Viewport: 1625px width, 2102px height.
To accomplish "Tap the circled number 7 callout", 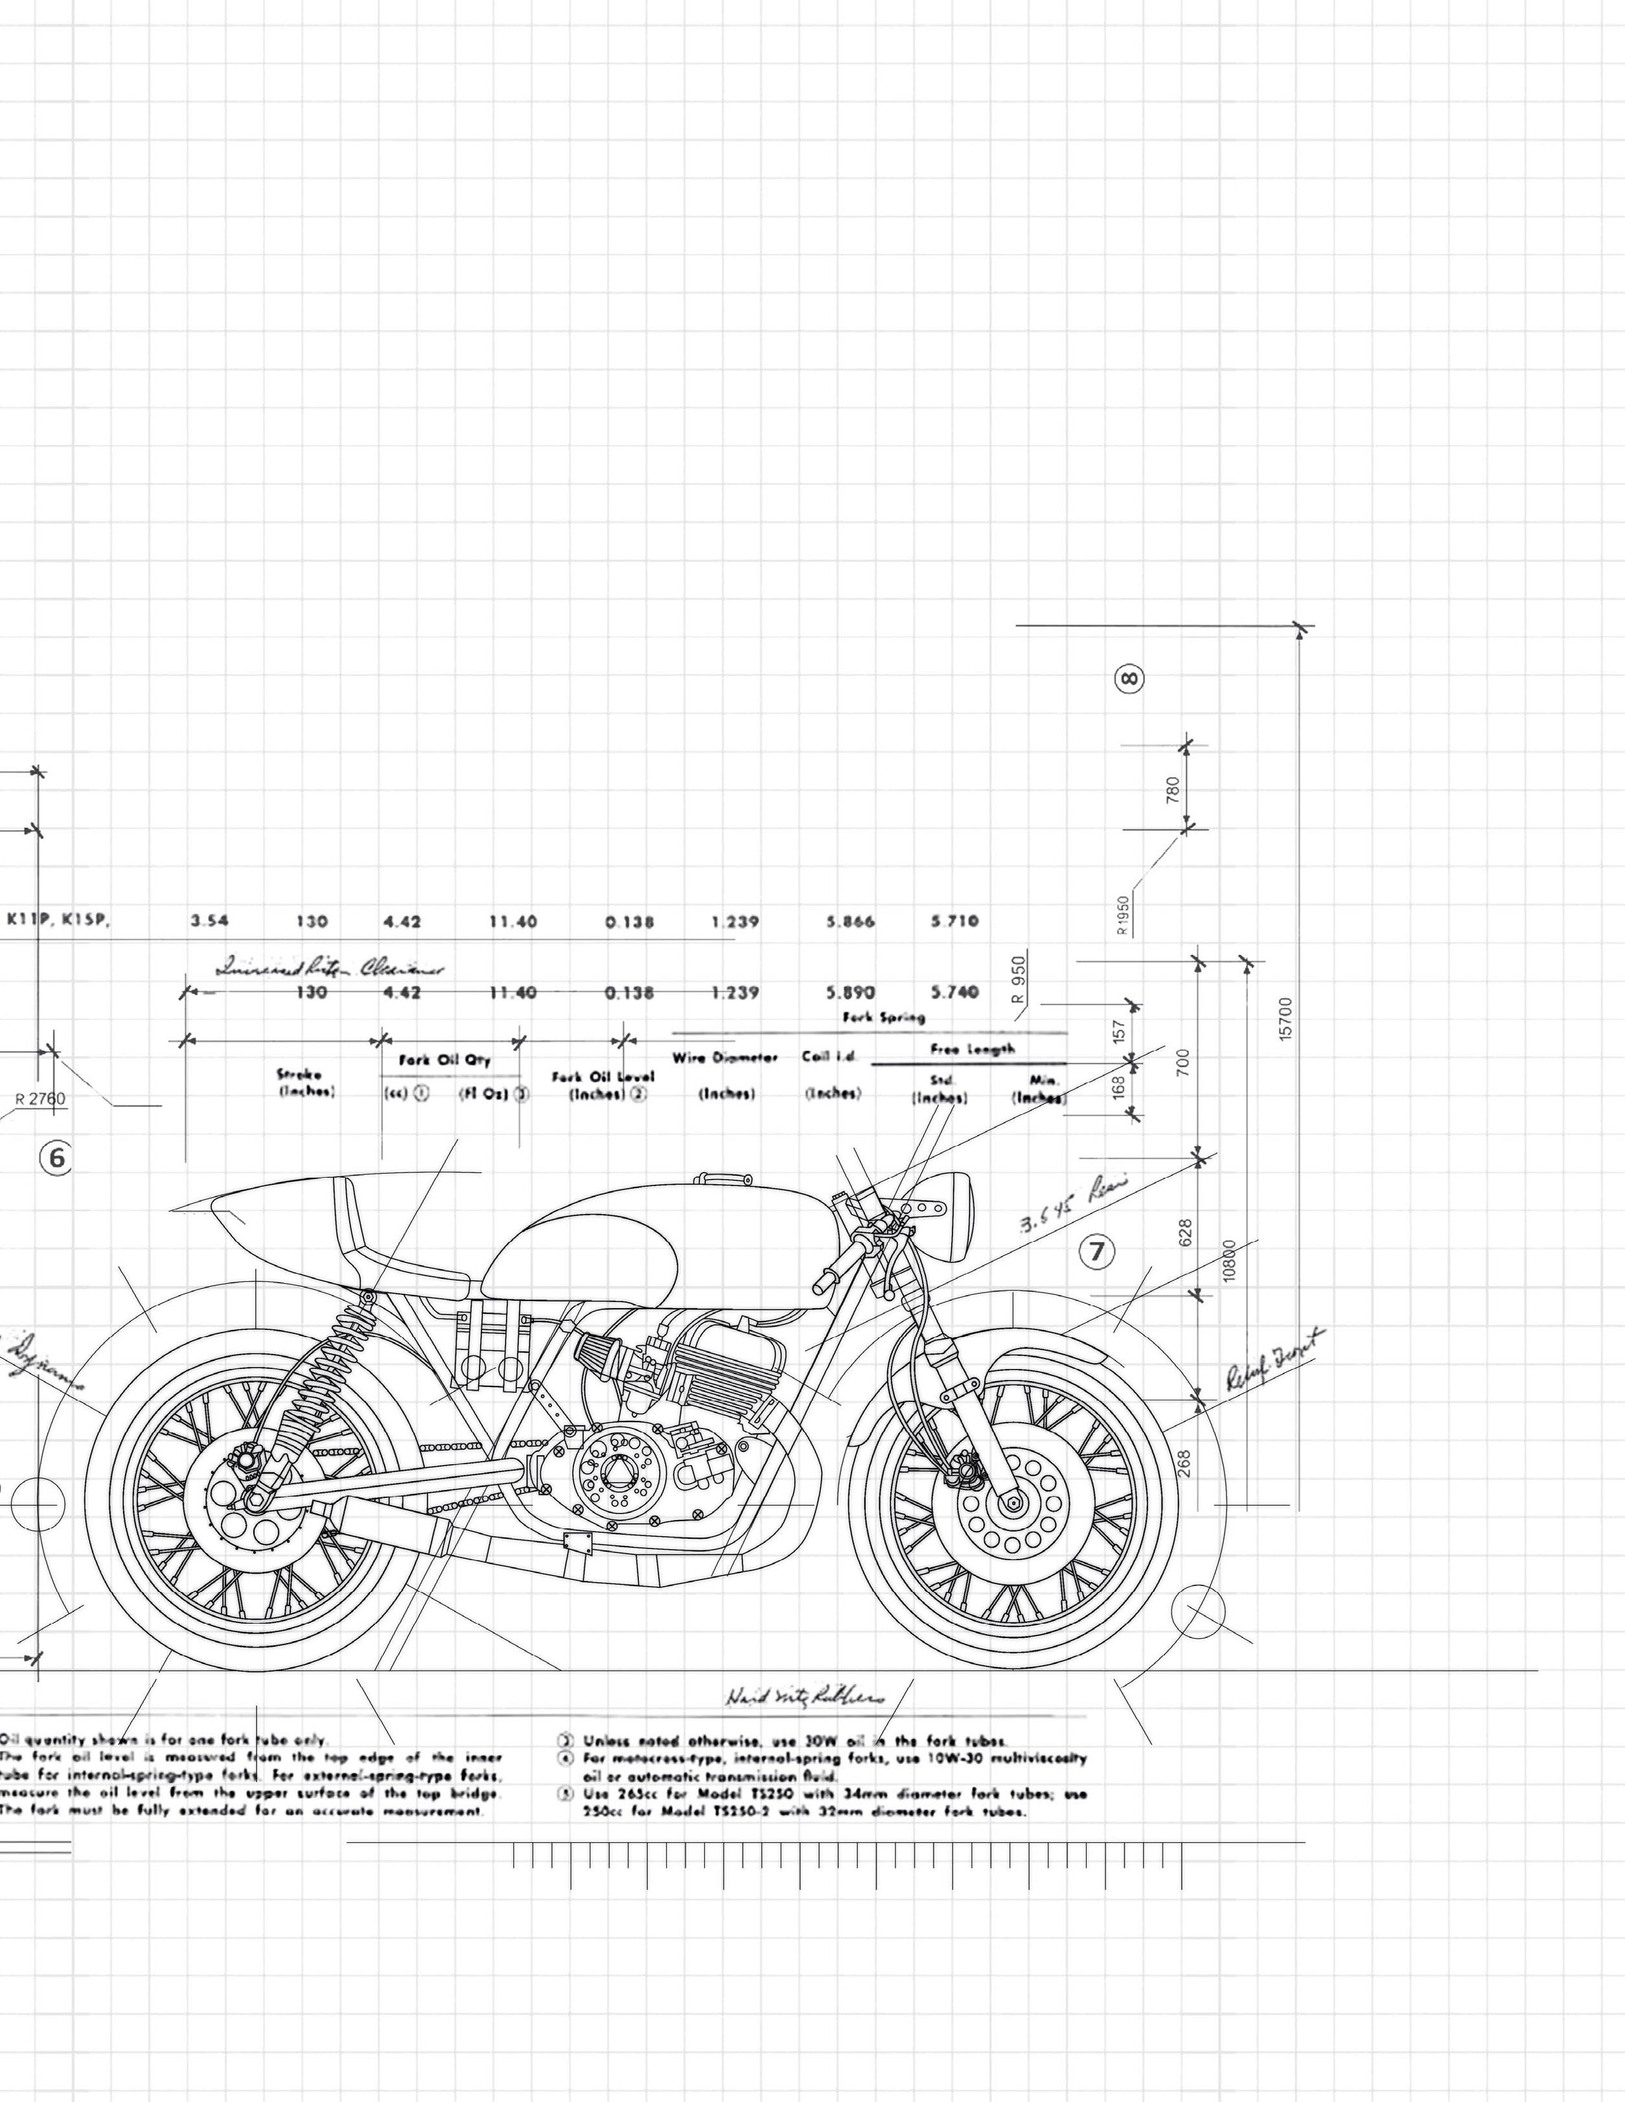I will [x=1097, y=1251].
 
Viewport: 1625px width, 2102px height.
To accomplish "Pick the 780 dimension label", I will [x=1173, y=790].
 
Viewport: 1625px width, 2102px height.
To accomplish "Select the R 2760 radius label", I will [x=40, y=1098].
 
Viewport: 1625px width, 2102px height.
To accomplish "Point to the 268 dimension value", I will [x=1184, y=1463].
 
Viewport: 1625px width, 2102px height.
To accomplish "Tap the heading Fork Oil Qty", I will [x=444, y=1060].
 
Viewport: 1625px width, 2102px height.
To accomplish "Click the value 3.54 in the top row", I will [x=209, y=920].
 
